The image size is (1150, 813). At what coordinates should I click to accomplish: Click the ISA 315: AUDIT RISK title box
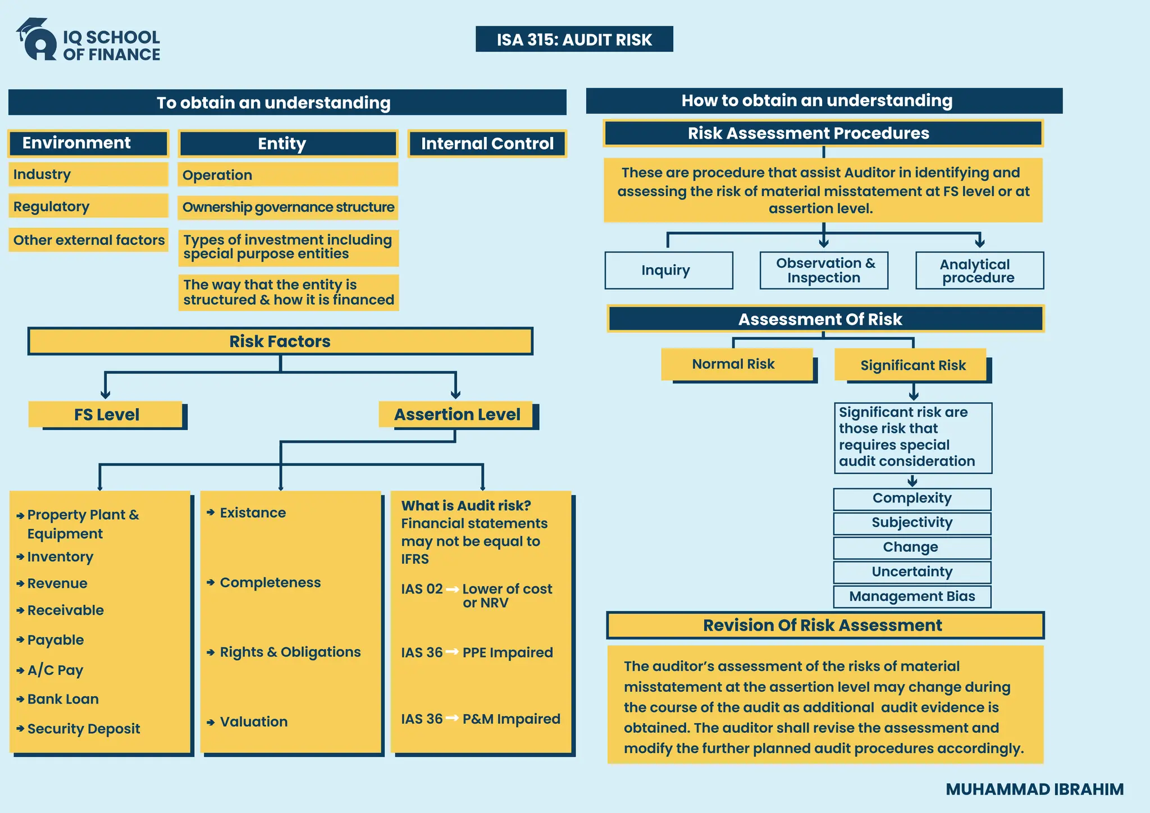pos(574,39)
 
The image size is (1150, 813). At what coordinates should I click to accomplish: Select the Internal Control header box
pos(487,144)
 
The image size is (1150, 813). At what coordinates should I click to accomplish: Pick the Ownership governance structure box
pos(288,207)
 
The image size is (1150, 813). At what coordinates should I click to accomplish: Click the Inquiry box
pos(668,270)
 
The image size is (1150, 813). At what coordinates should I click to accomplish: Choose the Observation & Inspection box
pos(824,270)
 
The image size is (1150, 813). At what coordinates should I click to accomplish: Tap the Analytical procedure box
pos(979,270)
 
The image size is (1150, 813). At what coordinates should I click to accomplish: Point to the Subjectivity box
pos(912,523)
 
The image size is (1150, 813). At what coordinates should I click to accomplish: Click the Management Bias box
pos(912,596)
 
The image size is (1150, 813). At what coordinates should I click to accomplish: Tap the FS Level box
pos(106,414)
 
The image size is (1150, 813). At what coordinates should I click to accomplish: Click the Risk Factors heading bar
pos(280,341)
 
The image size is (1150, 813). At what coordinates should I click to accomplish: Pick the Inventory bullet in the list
pos(60,557)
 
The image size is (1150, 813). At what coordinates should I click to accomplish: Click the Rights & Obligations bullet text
pos(290,652)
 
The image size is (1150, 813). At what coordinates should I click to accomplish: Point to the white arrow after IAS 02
pos(452,589)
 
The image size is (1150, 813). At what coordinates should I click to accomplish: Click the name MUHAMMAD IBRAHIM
pos(1034,789)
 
